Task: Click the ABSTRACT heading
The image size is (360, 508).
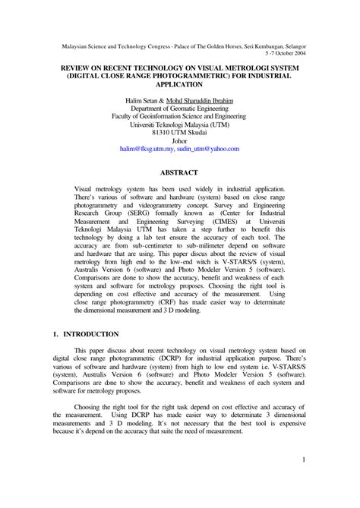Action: point(179,172)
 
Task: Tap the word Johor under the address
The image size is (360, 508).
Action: point(179,141)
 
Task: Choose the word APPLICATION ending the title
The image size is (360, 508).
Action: point(179,86)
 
